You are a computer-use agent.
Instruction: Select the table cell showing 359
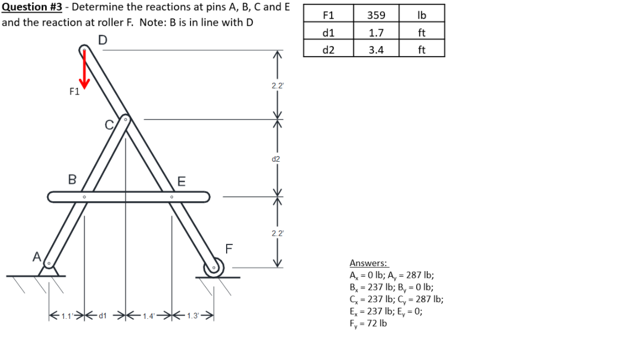376,15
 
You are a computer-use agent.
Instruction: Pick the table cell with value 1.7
376,33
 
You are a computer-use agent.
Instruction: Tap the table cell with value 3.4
376,50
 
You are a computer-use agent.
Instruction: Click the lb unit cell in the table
421,15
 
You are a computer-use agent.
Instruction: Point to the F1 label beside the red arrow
74,92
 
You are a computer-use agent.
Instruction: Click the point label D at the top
102,40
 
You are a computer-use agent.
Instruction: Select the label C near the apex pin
109,124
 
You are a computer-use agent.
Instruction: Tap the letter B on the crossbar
72,179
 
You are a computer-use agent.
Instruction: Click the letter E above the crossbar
181,181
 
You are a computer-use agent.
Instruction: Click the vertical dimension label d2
276,159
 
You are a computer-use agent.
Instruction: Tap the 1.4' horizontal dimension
148,317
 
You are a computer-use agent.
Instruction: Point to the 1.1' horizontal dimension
65,317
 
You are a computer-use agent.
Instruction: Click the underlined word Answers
368,263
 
